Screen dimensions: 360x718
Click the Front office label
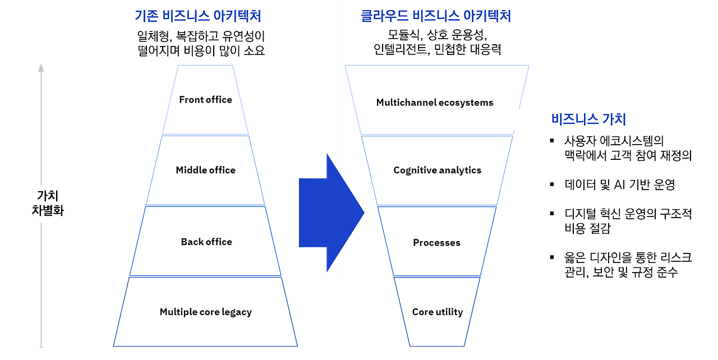[205, 100]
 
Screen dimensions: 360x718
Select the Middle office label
[205, 170]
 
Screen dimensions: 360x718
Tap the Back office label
[206, 242]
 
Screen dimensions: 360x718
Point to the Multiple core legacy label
[205, 312]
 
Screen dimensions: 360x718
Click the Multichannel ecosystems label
[435, 103]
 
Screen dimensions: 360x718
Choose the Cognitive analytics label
[437, 170]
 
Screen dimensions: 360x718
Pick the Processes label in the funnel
[436, 242]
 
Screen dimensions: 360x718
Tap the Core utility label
[437, 312]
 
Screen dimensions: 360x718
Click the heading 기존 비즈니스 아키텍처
[198, 15]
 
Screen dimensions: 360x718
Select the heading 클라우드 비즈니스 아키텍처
[436, 15]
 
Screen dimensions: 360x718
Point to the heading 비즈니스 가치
[588, 119]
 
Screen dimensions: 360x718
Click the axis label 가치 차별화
[48, 204]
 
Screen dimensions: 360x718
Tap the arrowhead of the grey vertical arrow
[40, 68]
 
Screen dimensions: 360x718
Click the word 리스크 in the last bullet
[675, 257]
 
